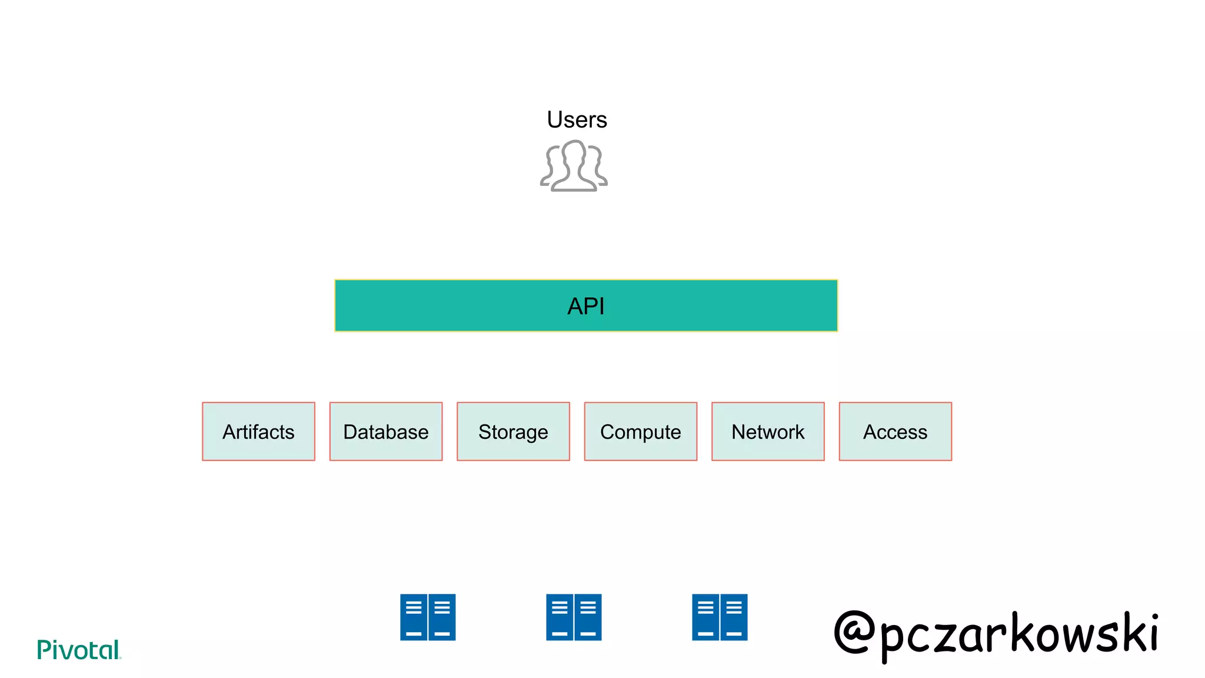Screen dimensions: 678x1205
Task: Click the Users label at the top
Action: pos(577,119)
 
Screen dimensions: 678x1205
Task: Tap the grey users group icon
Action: pos(574,166)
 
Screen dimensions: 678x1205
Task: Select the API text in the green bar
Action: pos(586,306)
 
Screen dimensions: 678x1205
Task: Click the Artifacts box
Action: pos(258,431)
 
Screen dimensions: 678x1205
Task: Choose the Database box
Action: pos(386,431)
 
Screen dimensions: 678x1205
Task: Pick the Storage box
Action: pos(513,431)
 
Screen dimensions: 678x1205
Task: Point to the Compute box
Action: pos(641,431)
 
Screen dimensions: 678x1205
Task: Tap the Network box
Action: pos(768,431)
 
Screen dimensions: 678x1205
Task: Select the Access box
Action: pos(895,431)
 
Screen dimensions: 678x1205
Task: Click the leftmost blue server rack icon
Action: pos(428,617)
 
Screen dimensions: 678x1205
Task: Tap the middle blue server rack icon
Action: pos(574,617)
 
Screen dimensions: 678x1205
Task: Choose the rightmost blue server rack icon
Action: pos(720,617)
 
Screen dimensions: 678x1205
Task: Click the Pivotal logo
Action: pos(78,650)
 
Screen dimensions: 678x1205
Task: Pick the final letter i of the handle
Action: pos(1153,633)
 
